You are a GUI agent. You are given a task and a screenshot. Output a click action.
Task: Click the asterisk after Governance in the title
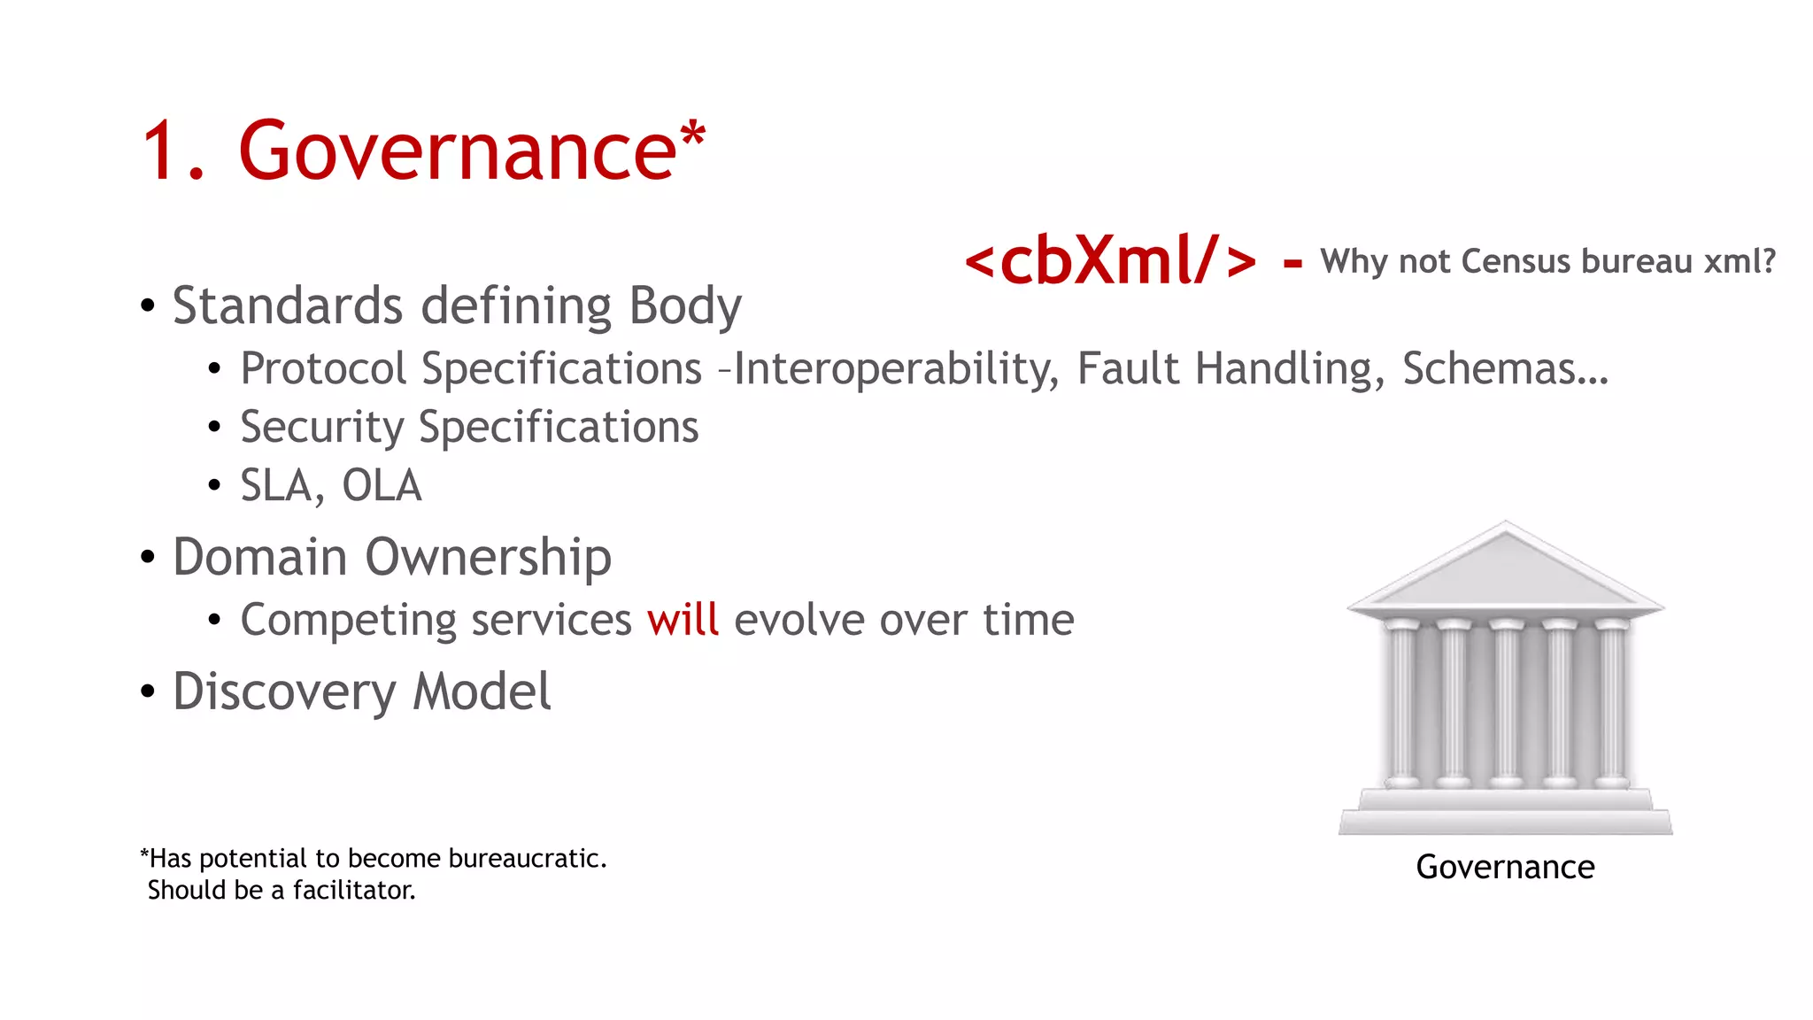pyautogui.click(x=692, y=135)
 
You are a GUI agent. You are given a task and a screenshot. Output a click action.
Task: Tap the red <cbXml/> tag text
pyautogui.click(x=1110, y=261)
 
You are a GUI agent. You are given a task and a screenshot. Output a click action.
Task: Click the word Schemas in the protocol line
pyautogui.click(x=1490, y=368)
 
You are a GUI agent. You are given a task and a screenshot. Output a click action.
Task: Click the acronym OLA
pyautogui.click(x=382, y=486)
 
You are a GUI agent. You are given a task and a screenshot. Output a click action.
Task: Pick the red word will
pyautogui.click(x=683, y=620)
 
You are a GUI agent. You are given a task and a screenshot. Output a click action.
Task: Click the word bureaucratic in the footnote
pyautogui.click(x=528, y=859)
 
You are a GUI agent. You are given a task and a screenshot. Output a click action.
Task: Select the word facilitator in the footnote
pyautogui.click(x=354, y=890)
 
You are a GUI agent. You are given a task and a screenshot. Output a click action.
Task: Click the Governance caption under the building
pyautogui.click(x=1505, y=867)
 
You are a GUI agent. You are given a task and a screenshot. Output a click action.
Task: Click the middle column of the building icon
pyautogui.click(x=1506, y=704)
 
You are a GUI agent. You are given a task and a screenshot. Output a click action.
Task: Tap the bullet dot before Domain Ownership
pyautogui.click(x=148, y=558)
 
